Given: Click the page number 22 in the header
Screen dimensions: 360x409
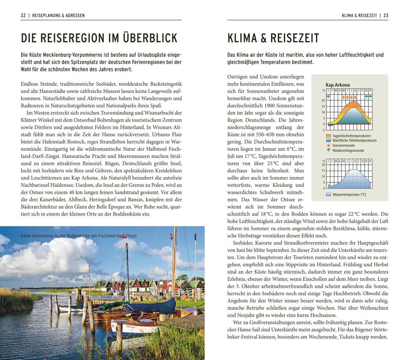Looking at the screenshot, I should (x=23, y=16).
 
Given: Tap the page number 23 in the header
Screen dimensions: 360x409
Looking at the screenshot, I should (x=386, y=16).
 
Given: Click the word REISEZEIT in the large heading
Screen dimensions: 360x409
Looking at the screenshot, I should (x=295, y=38).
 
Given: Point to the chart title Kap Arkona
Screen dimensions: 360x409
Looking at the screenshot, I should (x=338, y=85).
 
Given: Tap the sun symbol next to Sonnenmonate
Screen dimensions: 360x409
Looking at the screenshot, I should (x=328, y=146).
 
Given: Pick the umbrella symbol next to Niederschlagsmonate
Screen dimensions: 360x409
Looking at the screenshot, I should (x=328, y=150).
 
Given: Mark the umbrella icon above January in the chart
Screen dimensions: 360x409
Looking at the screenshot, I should (x=328, y=97).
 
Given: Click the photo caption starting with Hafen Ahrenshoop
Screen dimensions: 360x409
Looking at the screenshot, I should (x=79, y=236).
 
